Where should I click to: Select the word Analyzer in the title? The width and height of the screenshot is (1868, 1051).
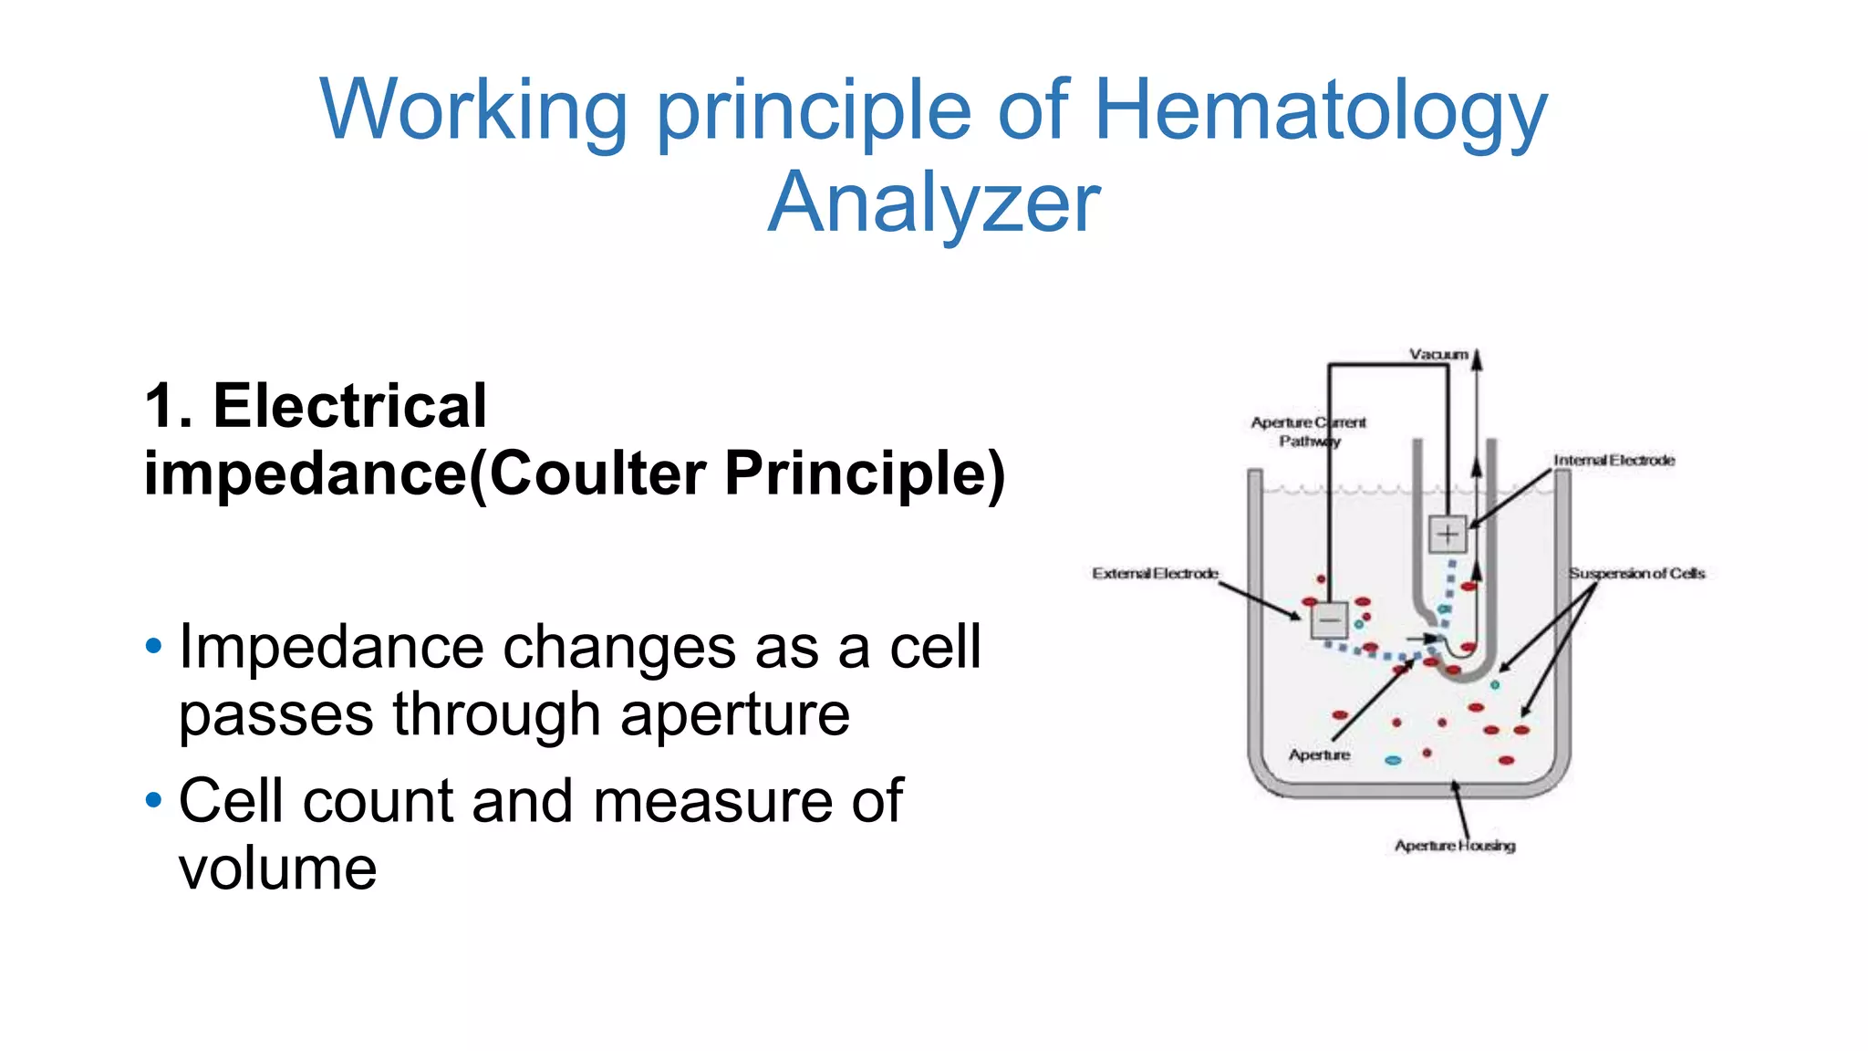(x=934, y=203)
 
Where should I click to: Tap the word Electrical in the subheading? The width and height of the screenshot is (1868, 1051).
(x=349, y=406)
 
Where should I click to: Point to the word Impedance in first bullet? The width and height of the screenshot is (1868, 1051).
(x=330, y=648)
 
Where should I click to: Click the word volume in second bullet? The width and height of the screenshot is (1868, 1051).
(x=277, y=869)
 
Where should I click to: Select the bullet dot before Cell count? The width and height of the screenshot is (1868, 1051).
(x=153, y=801)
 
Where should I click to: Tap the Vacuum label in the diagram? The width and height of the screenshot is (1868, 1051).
(x=1438, y=354)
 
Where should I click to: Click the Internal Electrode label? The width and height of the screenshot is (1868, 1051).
(x=1614, y=461)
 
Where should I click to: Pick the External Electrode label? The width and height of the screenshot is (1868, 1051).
(x=1155, y=574)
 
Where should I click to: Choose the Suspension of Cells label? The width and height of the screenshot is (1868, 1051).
(x=1636, y=574)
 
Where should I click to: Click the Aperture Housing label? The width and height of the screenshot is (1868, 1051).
(x=1454, y=846)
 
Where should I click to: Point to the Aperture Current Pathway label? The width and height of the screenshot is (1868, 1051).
(x=1308, y=432)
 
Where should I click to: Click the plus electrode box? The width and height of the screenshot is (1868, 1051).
(x=1448, y=535)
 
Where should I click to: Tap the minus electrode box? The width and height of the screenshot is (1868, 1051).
(x=1329, y=620)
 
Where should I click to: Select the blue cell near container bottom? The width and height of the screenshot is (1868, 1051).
(x=1393, y=760)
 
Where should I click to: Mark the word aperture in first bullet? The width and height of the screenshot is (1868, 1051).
(x=735, y=714)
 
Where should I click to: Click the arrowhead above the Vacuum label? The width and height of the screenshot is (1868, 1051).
(x=1478, y=358)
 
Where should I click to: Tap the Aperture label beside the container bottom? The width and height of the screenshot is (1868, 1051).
(x=1319, y=755)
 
